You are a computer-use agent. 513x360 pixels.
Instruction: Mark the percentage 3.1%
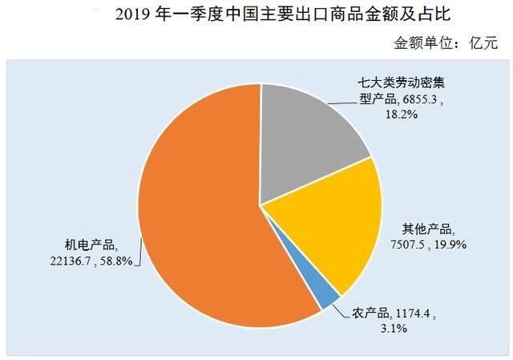click(365, 329)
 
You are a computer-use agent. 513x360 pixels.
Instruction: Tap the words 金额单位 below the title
click(419, 42)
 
